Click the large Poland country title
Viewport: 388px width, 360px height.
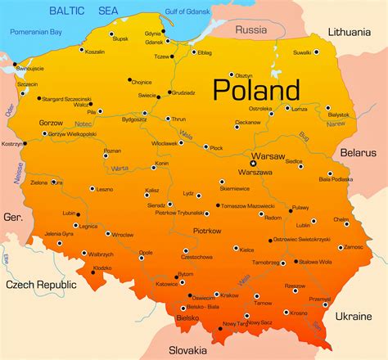tap(256, 89)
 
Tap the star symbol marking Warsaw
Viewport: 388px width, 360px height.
tap(253, 163)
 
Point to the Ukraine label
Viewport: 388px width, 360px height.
tap(354, 315)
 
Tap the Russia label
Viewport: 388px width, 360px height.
tap(250, 29)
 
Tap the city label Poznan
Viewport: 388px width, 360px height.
tap(112, 151)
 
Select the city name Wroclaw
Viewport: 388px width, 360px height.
tap(123, 234)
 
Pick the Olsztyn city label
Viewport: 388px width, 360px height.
tap(245, 74)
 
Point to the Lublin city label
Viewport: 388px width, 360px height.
tap(304, 224)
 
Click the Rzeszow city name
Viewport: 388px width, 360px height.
tap(296, 286)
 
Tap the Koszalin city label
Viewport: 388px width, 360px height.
tap(96, 51)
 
